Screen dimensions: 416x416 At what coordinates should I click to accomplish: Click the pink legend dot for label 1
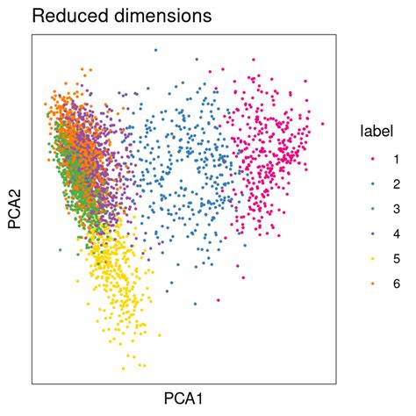coord(372,160)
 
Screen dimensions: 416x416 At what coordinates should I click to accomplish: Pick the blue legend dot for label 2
coord(372,184)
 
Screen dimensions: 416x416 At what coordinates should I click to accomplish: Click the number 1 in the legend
coord(397,160)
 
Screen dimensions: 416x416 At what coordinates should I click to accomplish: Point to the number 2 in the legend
coord(397,184)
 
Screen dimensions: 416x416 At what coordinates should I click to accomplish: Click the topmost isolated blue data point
coord(155,50)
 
